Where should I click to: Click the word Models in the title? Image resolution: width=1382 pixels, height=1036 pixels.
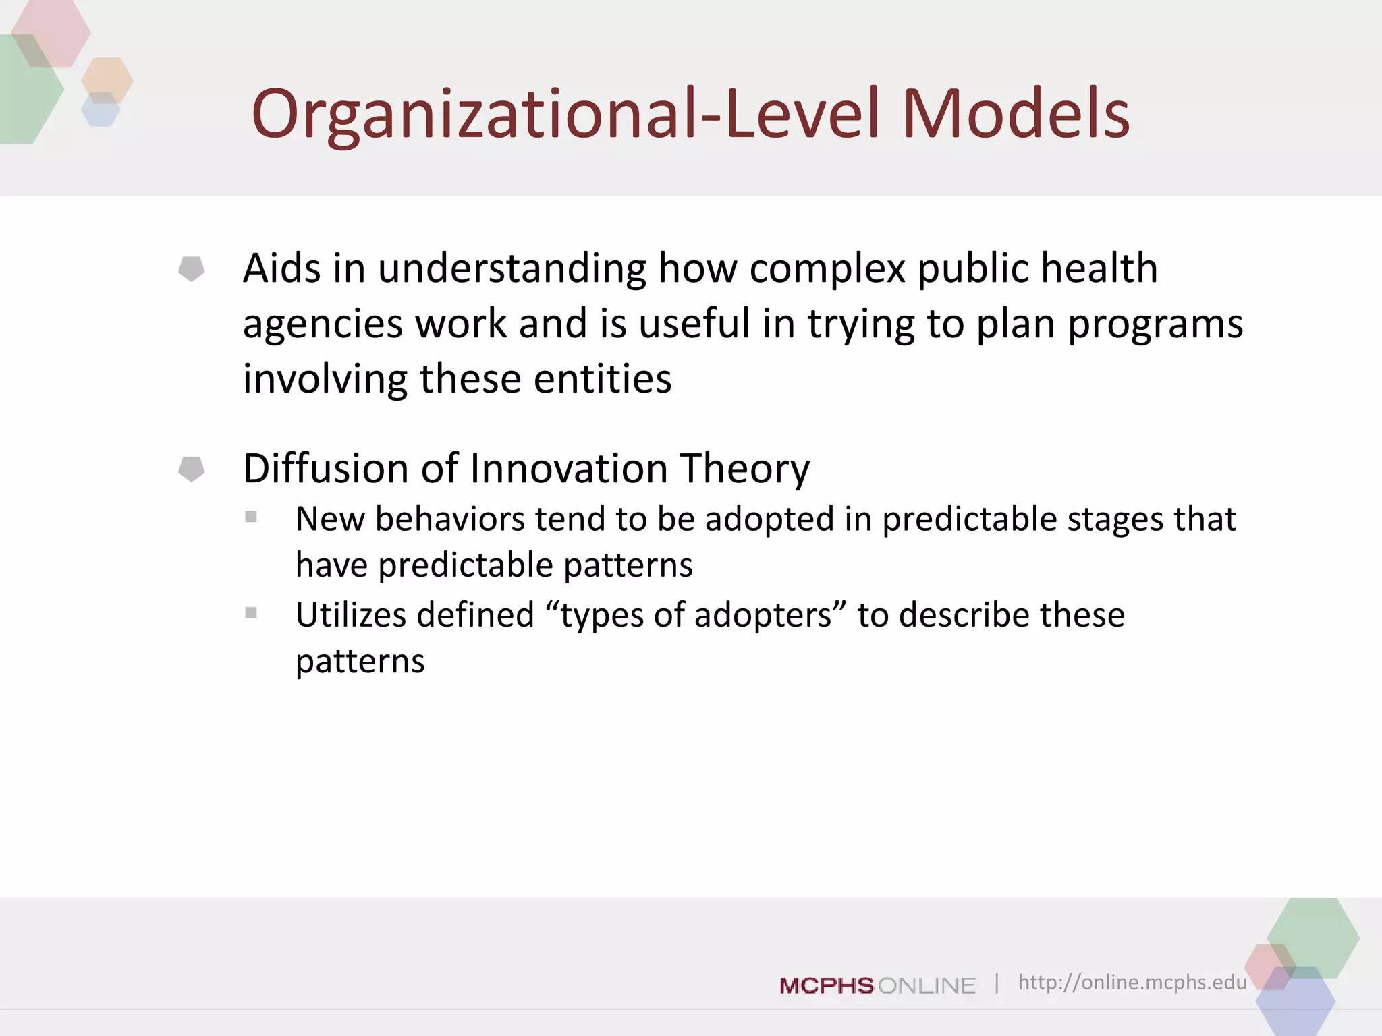1016,115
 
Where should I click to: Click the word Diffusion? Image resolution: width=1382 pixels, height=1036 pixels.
326,468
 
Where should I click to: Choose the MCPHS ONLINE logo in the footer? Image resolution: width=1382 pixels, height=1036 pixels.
877,985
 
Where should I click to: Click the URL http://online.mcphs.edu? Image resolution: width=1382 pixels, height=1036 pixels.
1132,982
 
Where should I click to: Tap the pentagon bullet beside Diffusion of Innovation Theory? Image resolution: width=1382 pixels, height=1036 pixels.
192,469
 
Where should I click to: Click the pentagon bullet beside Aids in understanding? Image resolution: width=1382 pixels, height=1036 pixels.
192,268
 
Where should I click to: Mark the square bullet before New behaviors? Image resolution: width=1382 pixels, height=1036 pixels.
251,517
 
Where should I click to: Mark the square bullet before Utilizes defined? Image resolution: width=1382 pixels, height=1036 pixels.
251,613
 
